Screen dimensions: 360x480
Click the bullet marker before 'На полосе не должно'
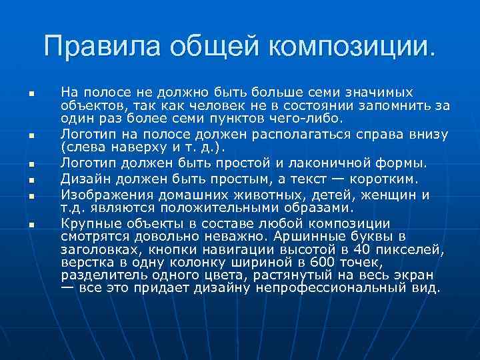31,92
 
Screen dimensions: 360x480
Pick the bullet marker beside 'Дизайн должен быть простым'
31,180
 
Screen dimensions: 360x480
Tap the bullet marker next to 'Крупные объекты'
31,225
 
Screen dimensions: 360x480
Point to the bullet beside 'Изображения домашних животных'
31,196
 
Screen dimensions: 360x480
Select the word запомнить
399,105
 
